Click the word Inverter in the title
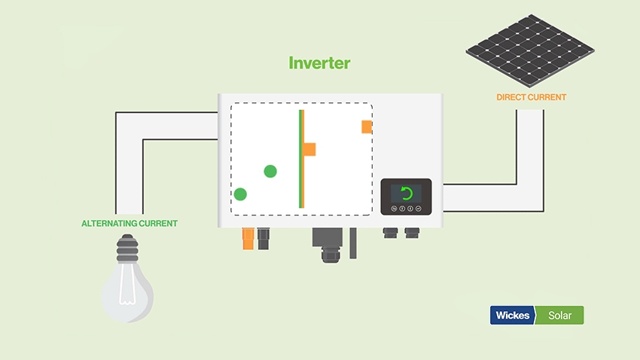click(319, 63)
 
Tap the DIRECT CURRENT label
click(531, 97)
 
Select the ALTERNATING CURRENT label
click(130, 224)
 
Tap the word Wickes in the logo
click(512, 315)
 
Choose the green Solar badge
click(559, 315)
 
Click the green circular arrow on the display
click(407, 193)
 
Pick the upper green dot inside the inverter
click(270, 171)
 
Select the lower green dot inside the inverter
click(240, 194)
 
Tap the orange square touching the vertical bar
click(309, 149)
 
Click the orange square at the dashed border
click(366, 127)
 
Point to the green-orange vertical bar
click(301, 158)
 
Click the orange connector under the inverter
click(247, 239)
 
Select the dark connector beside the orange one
click(264, 239)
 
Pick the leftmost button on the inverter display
click(392, 208)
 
